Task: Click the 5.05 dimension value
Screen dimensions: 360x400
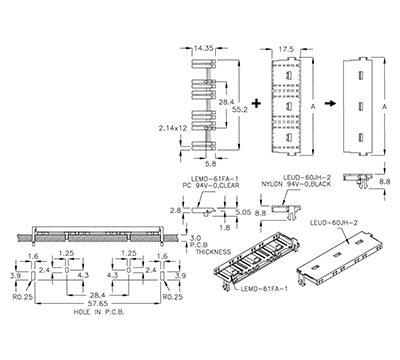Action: pyautogui.click(x=242, y=213)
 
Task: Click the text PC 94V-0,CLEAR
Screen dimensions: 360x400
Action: pyautogui.click(x=210, y=184)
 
